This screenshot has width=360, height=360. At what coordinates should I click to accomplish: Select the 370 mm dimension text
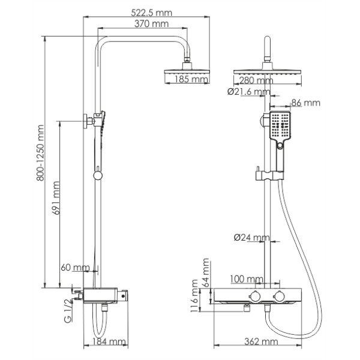click(152, 24)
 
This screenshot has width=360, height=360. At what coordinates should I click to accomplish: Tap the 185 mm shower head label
click(187, 79)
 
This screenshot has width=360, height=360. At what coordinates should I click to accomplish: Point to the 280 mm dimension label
click(255, 80)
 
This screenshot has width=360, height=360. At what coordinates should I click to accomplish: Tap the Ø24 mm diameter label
click(250, 238)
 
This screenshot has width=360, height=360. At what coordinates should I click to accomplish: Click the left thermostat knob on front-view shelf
click(253, 296)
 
